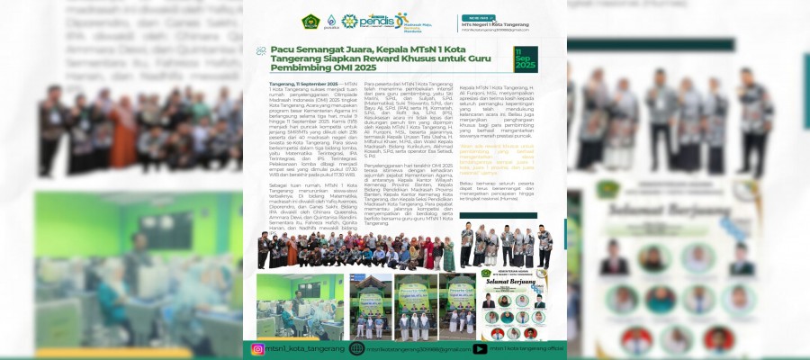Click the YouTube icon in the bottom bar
coord(480,348)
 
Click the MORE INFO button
coord(474,16)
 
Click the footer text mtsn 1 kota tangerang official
coord(522,348)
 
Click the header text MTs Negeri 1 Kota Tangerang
coord(508,23)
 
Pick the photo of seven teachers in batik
coord(493,245)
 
